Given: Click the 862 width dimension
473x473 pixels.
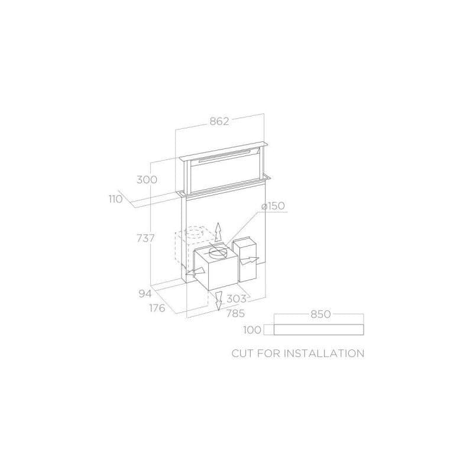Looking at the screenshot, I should point(219,121).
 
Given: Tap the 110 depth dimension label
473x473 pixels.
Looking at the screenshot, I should point(115,199).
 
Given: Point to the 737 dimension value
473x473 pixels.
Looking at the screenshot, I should point(145,238).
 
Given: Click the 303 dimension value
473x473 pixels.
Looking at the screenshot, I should point(235,299).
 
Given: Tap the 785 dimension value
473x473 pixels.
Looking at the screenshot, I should point(234,313).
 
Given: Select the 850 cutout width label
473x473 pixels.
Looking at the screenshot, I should point(320,315).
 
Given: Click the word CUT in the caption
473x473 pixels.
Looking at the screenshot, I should point(242,354).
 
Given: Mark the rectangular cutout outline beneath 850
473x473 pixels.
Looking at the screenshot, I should point(319,330).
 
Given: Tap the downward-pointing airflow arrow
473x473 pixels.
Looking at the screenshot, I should point(218,299).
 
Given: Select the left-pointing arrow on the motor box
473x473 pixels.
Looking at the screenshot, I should point(192,274).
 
